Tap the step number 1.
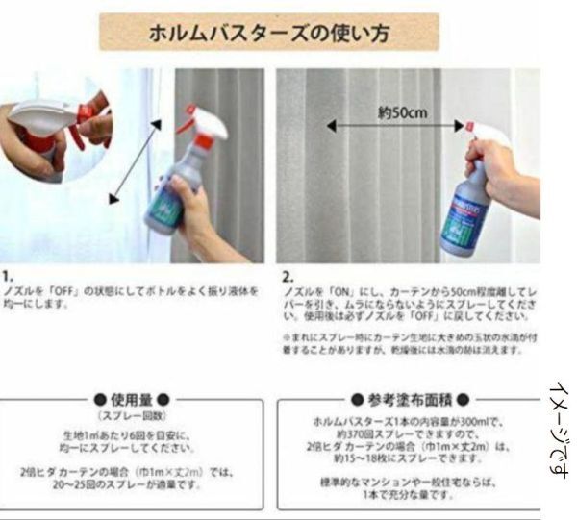click(x=7, y=275)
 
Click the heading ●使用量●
click(x=134, y=399)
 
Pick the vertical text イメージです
click(x=560, y=428)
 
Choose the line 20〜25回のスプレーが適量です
click(x=134, y=485)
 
